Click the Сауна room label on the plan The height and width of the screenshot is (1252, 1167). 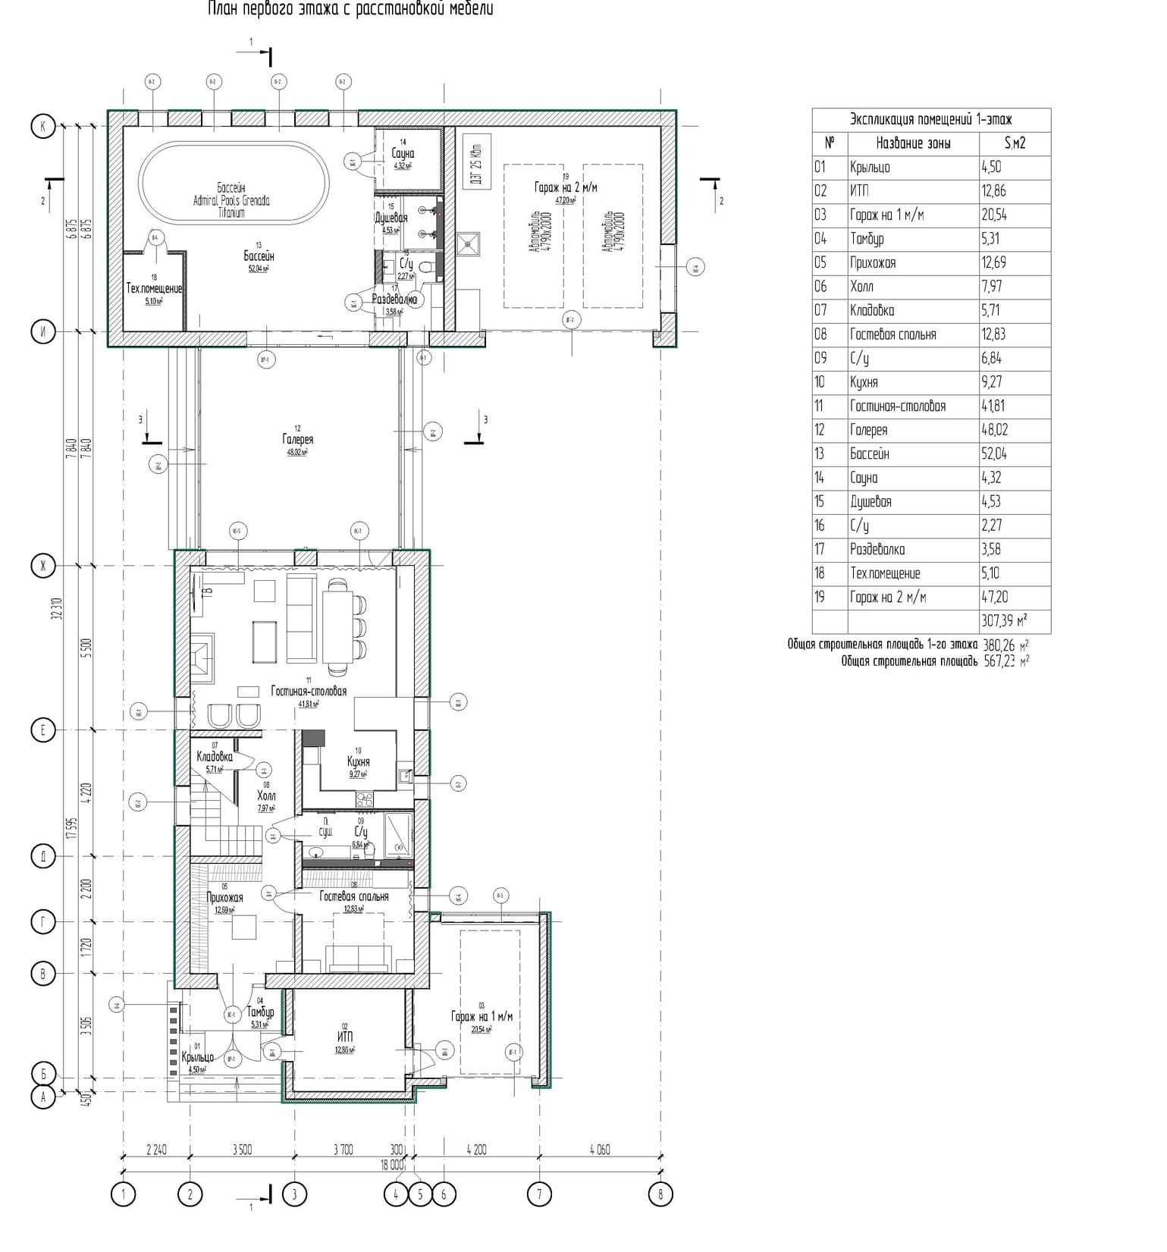pyautogui.click(x=403, y=154)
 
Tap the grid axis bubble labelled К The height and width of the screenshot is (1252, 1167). pyautogui.click(x=43, y=126)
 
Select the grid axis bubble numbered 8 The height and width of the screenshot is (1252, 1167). pyautogui.click(x=660, y=1195)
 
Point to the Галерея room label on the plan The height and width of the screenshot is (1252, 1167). pyautogui.click(x=297, y=440)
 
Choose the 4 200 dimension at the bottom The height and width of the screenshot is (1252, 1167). pyautogui.click(x=476, y=1150)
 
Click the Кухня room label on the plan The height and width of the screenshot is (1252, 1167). pyautogui.click(x=358, y=761)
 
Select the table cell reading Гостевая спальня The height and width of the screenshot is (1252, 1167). pyautogui.click(x=893, y=334)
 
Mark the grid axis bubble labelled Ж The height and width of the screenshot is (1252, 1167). pyautogui.click(x=43, y=565)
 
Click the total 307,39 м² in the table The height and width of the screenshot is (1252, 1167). pyautogui.click(x=1004, y=621)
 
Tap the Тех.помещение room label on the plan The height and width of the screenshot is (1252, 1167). pyautogui.click(x=154, y=289)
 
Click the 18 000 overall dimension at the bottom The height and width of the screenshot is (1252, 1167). pyautogui.click(x=392, y=1165)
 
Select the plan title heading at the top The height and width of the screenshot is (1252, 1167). pyautogui.click(x=350, y=9)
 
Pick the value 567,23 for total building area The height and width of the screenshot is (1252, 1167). pyautogui.click(x=1000, y=661)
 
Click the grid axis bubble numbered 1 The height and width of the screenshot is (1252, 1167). pyautogui.click(x=123, y=1195)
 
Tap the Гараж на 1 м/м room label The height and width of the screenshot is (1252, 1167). pyautogui.click(x=482, y=1016)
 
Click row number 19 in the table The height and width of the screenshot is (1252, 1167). pyautogui.click(x=820, y=597)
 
